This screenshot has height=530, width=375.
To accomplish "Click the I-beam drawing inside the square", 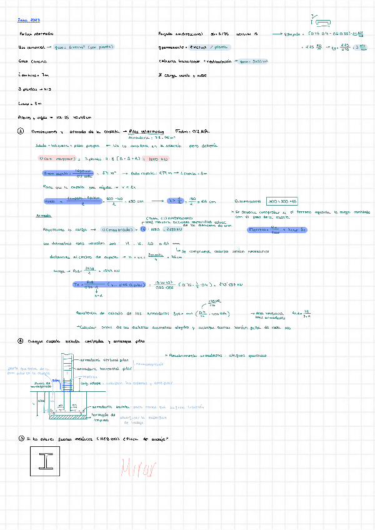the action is point(47,461).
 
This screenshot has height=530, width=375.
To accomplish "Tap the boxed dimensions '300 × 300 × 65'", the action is point(283,202).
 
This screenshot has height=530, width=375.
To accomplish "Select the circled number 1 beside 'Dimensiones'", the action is point(21,132).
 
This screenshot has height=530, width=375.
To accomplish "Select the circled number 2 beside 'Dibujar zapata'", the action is point(21,341).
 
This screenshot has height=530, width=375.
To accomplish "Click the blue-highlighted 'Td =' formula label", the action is point(79,285).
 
